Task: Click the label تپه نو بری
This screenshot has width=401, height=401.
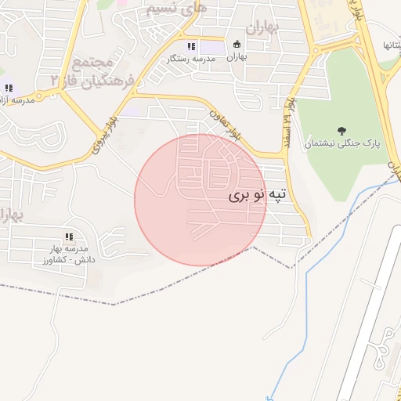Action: tap(258, 197)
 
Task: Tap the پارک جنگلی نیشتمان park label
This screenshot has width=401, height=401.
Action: tap(341, 144)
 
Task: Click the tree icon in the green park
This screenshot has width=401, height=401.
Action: tap(341, 130)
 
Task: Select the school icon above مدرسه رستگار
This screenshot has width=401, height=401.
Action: tap(191, 46)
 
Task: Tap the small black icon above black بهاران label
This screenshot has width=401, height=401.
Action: tap(237, 44)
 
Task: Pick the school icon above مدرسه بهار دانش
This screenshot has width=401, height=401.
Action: tap(69, 237)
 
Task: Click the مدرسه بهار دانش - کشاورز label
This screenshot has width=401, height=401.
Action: tap(69, 253)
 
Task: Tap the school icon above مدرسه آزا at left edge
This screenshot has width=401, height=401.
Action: tap(9, 88)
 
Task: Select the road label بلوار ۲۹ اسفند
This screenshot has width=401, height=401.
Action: tap(291, 115)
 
